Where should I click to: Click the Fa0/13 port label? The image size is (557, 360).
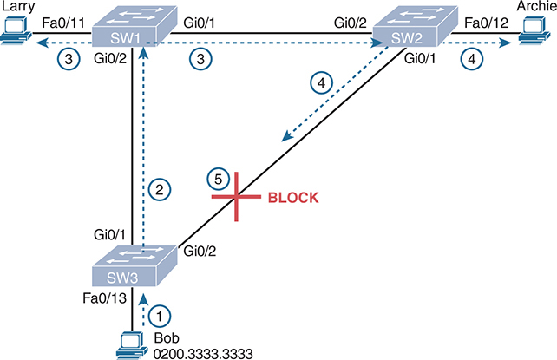click(102, 301)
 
